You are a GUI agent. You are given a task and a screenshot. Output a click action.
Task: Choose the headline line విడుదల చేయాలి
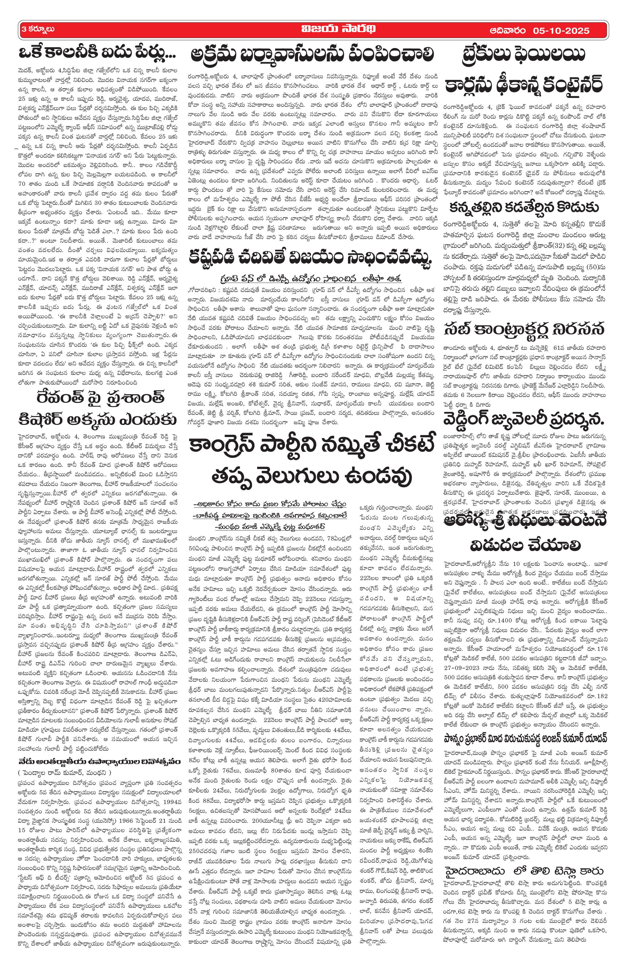(525, 545)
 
